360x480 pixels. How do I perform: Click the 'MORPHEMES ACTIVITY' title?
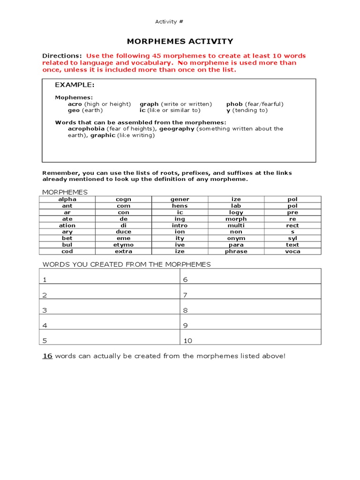(x=180, y=41)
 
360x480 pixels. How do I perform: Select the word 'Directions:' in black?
(x=62, y=56)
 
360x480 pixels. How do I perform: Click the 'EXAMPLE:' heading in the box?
(x=75, y=85)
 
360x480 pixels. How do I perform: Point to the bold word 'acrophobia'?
(x=86, y=128)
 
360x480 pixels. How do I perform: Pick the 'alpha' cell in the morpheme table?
(x=67, y=199)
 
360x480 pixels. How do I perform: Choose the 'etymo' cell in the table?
(x=123, y=245)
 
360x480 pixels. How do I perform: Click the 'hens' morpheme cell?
(x=180, y=206)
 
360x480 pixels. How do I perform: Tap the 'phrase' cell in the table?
(x=236, y=251)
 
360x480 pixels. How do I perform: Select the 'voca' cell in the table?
(x=292, y=251)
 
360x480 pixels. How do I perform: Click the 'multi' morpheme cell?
(x=236, y=225)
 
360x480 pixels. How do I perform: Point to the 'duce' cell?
(x=123, y=232)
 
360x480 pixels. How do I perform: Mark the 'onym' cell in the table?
(x=236, y=238)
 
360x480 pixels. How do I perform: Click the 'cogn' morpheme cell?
(x=123, y=199)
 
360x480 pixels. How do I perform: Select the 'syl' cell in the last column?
(x=292, y=238)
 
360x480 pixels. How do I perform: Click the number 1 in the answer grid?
(x=45, y=280)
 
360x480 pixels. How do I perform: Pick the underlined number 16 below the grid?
(x=47, y=356)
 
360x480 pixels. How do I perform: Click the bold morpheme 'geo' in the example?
(x=74, y=111)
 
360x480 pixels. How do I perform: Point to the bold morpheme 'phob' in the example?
(x=234, y=104)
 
